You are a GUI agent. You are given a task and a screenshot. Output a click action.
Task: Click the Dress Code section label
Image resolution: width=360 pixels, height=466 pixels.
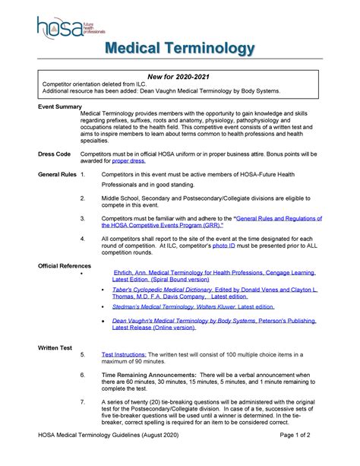[33, 154]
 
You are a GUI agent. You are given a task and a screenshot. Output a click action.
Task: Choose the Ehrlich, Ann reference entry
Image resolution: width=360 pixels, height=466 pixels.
[213, 274]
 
